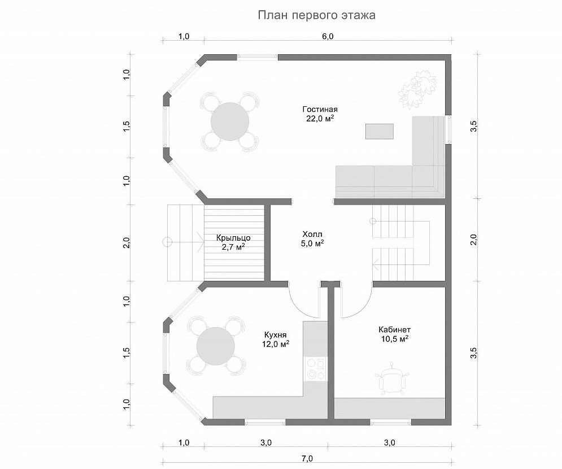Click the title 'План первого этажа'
(x=317, y=15)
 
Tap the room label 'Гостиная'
(x=320, y=109)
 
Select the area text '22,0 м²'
(x=320, y=118)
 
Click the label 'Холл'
(x=312, y=234)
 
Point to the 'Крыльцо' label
(x=233, y=238)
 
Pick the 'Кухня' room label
(x=275, y=335)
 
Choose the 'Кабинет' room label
(x=395, y=329)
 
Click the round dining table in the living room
(x=230, y=121)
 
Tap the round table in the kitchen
(x=216, y=346)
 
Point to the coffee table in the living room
(x=380, y=131)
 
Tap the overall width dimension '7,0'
(x=307, y=459)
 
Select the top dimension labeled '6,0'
(x=328, y=37)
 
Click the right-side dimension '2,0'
(x=474, y=239)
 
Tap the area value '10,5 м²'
(x=395, y=339)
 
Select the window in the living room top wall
(x=258, y=57)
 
